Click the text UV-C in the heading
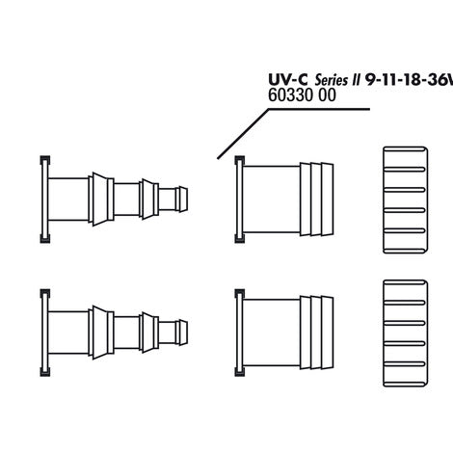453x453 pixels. coord(288,80)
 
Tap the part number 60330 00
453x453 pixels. coord(302,95)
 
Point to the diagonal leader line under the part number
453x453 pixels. coord(243,134)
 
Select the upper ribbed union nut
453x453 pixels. coord(405,200)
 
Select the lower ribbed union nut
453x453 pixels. coord(405,333)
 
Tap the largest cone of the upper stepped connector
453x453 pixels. coord(101,200)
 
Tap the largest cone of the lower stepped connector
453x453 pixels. coord(101,333)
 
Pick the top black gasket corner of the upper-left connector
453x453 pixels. coord(45,160)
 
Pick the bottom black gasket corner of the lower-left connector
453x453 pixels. coord(45,372)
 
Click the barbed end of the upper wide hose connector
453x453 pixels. coord(317,200)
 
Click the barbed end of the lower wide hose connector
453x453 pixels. coord(317,333)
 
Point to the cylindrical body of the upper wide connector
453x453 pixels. coord(271,200)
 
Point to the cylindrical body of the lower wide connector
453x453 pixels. coord(271,333)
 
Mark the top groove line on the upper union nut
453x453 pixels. coord(405,169)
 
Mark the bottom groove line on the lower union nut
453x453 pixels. coord(405,364)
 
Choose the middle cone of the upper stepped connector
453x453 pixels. coord(149,200)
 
